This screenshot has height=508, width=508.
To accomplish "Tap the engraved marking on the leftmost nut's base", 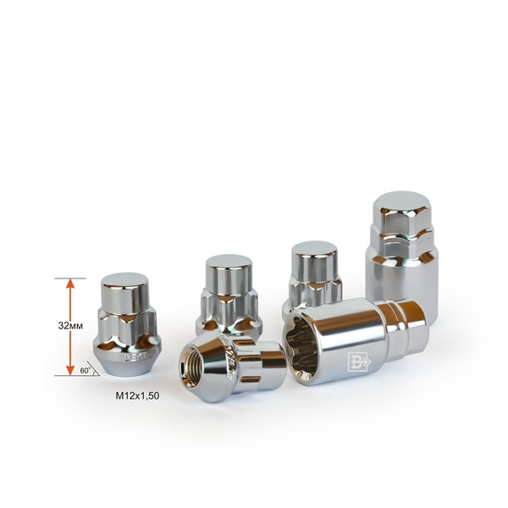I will [x=135, y=356].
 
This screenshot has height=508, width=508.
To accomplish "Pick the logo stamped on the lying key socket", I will [x=356, y=362].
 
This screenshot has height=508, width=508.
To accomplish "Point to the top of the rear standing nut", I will [x=313, y=250].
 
